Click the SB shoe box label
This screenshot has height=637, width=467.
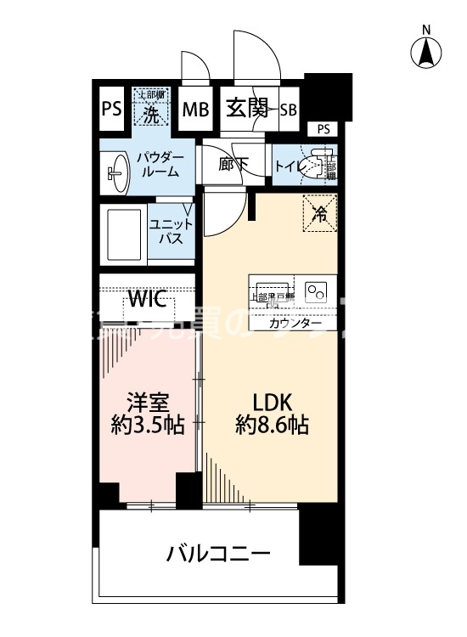pos(288,109)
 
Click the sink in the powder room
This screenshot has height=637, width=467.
pos(117,172)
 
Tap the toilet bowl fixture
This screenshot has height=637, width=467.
pos(320,166)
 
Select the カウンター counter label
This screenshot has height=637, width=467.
pos(295,324)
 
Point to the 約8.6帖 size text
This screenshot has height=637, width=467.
pos(272,426)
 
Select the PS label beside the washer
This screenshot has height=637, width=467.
pos(111,110)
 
